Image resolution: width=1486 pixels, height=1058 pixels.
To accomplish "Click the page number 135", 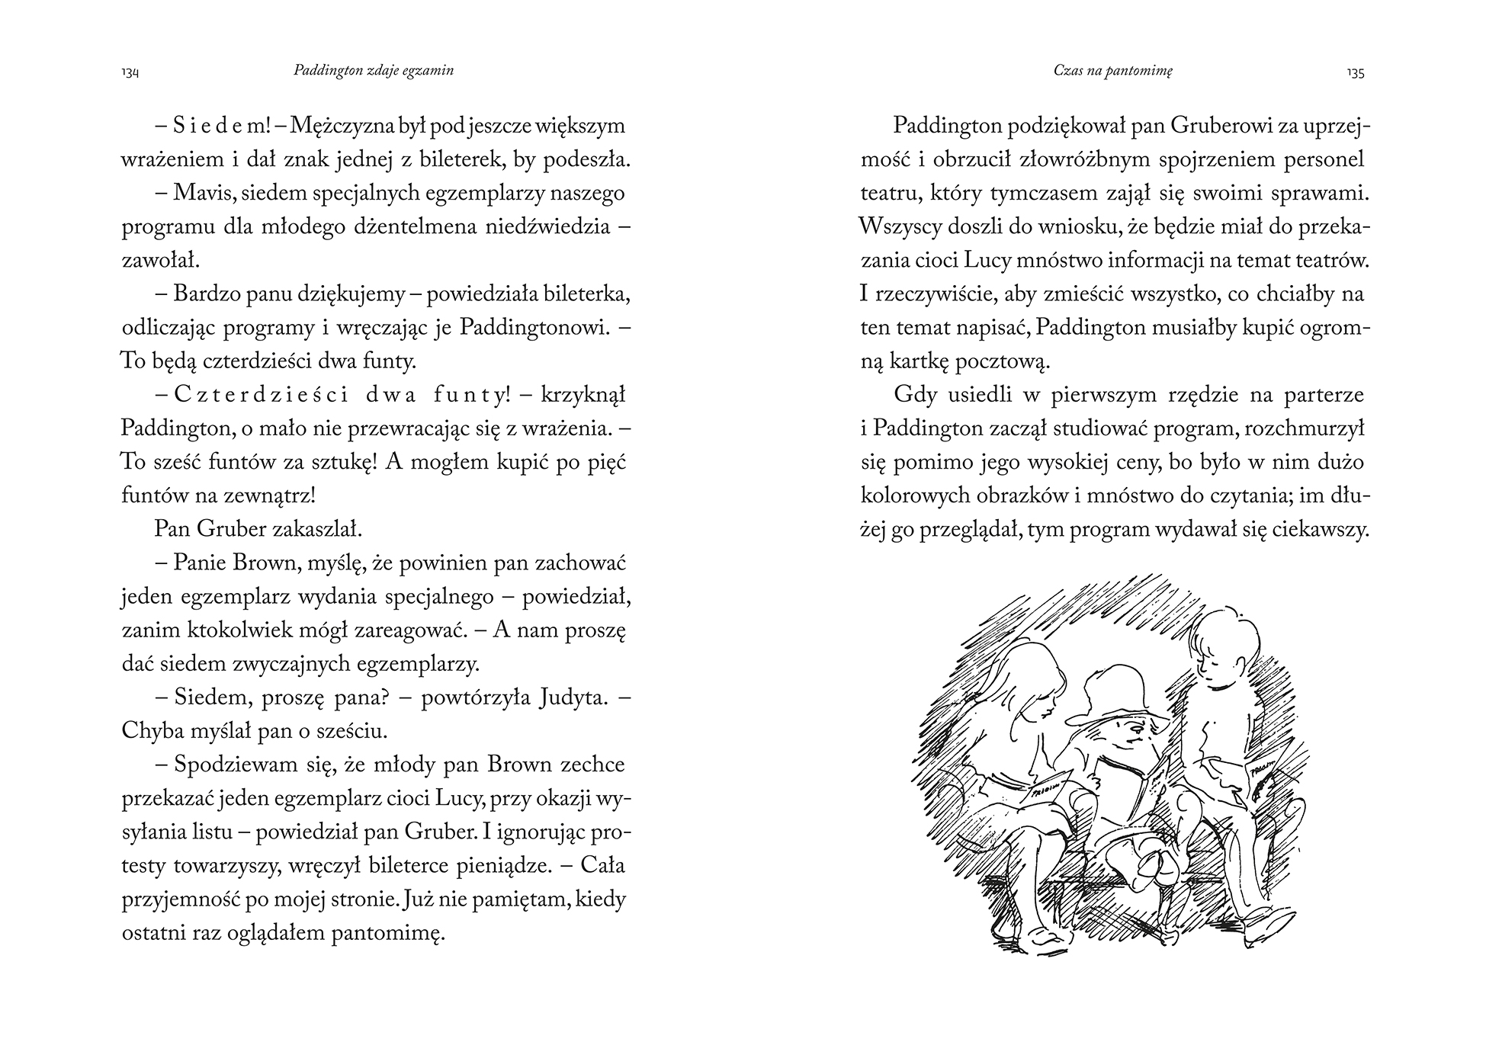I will pos(1355,73).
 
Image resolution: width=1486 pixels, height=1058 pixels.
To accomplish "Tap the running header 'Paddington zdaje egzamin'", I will pos(373,70).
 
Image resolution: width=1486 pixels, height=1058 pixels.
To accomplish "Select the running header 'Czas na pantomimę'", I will pos(1112,70).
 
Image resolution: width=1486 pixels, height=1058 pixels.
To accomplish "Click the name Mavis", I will pos(200,194).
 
